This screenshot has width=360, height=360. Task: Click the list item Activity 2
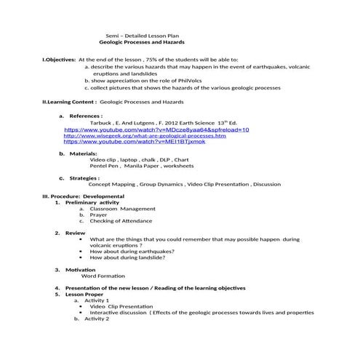96,319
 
